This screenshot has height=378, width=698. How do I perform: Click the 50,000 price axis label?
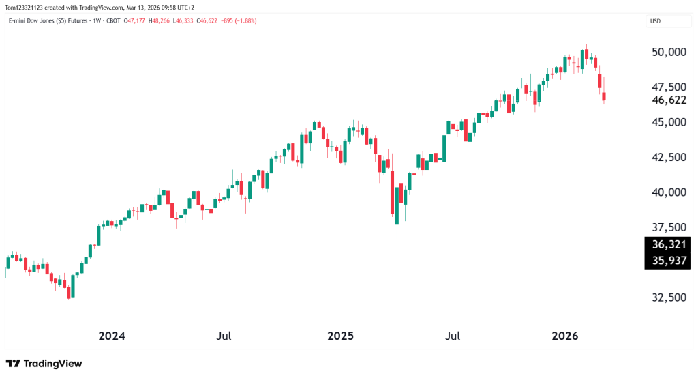pyautogui.click(x=668, y=53)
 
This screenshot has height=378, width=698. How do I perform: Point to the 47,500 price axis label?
pyautogui.click(x=668, y=87)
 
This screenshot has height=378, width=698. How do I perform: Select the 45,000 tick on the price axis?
pyautogui.click(x=668, y=122)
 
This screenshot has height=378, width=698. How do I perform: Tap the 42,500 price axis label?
pyautogui.click(x=668, y=157)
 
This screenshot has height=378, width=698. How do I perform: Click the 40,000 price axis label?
pyautogui.click(x=668, y=192)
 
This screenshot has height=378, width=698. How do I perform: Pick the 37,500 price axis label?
pyautogui.click(x=668, y=227)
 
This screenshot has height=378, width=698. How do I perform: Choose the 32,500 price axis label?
pyautogui.click(x=668, y=298)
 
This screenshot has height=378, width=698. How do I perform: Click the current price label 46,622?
pyautogui.click(x=668, y=100)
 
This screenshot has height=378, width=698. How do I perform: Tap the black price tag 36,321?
pyautogui.click(x=668, y=245)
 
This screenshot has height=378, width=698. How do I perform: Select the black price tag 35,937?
pyautogui.click(x=668, y=261)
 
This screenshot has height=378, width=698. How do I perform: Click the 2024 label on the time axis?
pyautogui.click(x=112, y=336)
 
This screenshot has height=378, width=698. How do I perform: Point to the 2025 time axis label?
pyautogui.click(x=341, y=336)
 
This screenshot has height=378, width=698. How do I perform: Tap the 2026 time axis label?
pyautogui.click(x=565, y=336)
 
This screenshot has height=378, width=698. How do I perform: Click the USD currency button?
pyautogui.click(x=656, y=21)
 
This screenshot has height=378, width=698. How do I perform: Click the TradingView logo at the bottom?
pyautogui.click(x=44, y=364)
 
